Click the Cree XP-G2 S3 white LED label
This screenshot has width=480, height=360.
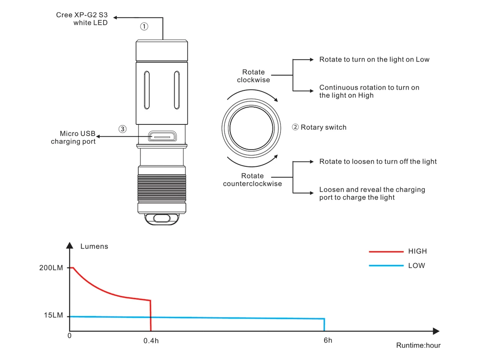pos(82,19)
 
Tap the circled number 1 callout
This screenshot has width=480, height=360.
pos(144,26)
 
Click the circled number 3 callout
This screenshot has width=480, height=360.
pos(123,129)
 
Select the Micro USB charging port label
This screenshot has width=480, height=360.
pos(73,137)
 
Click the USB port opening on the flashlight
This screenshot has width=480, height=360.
pos(162,136)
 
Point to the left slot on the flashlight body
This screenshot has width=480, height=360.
pos(147,90)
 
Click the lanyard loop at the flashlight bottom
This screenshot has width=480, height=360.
pos(161,219)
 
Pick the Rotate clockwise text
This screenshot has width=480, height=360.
pos(253,76)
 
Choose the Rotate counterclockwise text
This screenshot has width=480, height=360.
pos(252,180)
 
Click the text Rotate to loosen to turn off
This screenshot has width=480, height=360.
pos(378,162)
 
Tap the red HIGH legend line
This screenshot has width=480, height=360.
pos(386,252)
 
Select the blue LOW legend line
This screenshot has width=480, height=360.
pos(386,266)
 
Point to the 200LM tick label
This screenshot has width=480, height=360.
pos(52,268)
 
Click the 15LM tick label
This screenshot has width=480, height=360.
pos(53,316)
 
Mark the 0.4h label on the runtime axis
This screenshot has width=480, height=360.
pos(151,341)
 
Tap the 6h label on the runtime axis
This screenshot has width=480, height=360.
pos(328,340)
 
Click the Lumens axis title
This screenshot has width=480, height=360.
pos(94,246)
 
